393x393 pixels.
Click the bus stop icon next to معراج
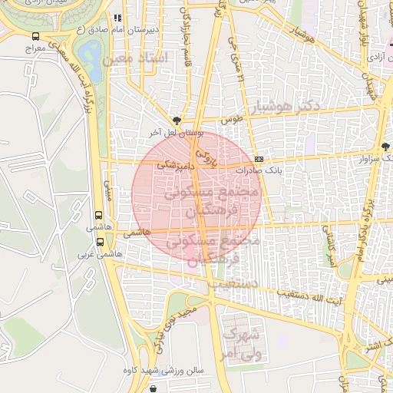tap(36, 36)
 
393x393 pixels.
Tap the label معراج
tap(35, 48)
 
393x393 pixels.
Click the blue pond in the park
tap(91, 54)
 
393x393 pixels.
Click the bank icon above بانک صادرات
tap(257, 158)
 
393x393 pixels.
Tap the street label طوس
tap(232, 120)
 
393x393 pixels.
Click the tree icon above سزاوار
tap(385, 146)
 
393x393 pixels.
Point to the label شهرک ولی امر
tap(242, 345)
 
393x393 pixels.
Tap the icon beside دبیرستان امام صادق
tap(117, 18)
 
